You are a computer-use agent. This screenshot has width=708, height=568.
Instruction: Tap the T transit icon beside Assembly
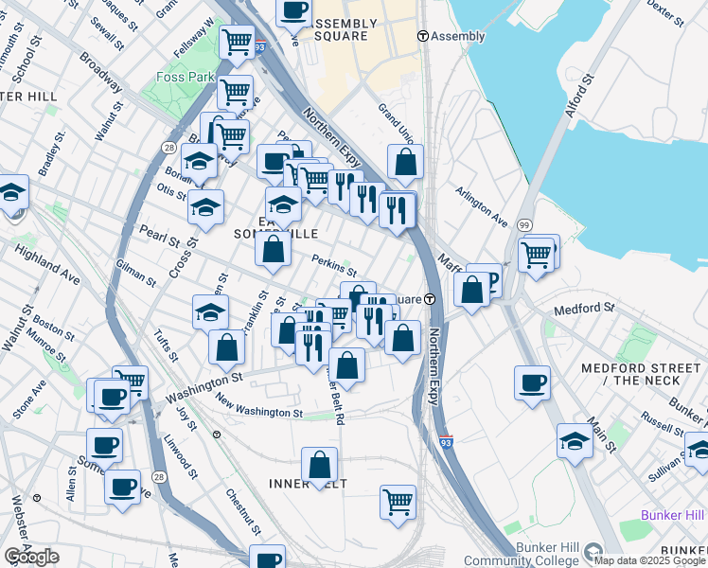coord(423,36)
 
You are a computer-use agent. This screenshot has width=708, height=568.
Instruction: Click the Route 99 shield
coord(524,223)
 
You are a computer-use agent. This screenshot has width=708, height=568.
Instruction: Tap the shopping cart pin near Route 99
coord(536,254)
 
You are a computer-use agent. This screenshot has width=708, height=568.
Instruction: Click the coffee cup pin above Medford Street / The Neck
coord(533,382)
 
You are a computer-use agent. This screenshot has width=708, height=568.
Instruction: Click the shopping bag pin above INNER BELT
coord(320,465)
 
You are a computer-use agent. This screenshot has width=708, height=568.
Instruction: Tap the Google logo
coord(31,557)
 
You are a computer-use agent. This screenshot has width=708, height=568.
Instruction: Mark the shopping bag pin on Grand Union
coord(406,163)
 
